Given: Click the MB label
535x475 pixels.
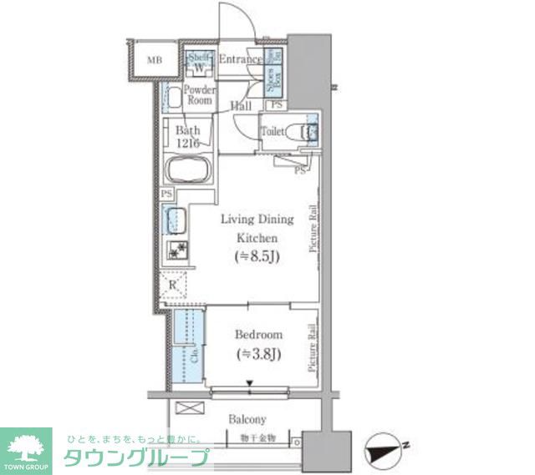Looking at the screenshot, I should pos(154,60).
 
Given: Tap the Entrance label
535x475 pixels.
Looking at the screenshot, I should pos(240,60).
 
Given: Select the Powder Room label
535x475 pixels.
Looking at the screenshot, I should pos(199,95).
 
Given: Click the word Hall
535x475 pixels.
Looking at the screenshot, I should pos(242,106).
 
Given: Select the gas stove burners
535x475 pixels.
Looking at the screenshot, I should pos(176,250).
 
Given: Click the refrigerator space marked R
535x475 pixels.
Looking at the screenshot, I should pos(174,286).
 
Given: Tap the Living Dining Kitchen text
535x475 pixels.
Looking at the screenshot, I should pos(257,227).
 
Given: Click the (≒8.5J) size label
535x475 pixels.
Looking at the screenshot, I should pos(257,255).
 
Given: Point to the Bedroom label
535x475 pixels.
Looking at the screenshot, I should pos(259,335).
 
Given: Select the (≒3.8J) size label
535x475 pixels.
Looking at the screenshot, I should pos(258,353).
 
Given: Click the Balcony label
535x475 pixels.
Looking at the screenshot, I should pos(247,419).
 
